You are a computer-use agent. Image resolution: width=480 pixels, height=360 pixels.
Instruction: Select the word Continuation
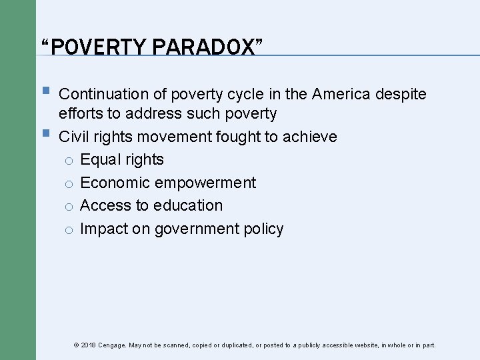(x=113, y=94)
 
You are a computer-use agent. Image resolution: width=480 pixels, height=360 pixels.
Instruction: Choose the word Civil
(x=74, y=137)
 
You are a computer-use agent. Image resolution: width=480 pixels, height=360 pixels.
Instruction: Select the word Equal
(x=99, y=160)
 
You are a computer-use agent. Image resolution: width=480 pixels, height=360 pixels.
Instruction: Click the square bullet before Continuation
(x=45, y=93)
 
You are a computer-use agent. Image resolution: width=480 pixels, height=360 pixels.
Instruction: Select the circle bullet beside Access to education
(x=68, y=207)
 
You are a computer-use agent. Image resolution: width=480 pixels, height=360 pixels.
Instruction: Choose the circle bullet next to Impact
(x=68, y=230)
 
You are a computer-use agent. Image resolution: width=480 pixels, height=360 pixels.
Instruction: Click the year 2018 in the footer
(x=88, y=345)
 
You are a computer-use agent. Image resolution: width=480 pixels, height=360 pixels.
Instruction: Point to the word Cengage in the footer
(x=111, y=345)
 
